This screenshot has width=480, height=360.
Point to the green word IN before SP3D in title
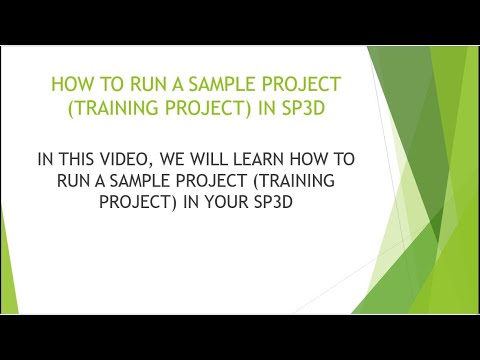click(268, 107)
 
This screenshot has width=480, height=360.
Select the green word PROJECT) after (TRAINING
click(212, 107)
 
